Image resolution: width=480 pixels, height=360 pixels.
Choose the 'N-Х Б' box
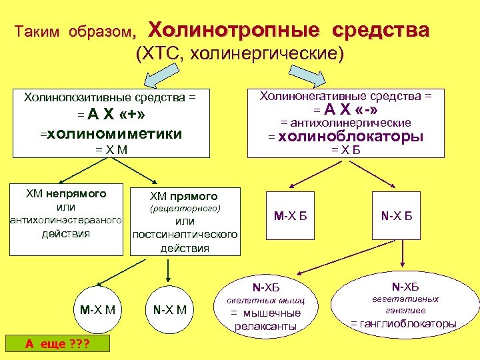point(397,216)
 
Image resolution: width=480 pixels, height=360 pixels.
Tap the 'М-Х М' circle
point(97,309)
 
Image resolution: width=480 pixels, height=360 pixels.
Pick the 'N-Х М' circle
point(170,309)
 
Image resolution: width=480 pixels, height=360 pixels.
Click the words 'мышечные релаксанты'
point(266,319)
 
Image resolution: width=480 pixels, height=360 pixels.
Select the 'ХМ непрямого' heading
point(66,194)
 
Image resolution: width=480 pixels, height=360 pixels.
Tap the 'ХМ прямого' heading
point(184,196)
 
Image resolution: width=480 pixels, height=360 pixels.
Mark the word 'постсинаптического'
point(185,235)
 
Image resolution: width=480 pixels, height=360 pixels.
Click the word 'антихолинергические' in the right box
point(345,123)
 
